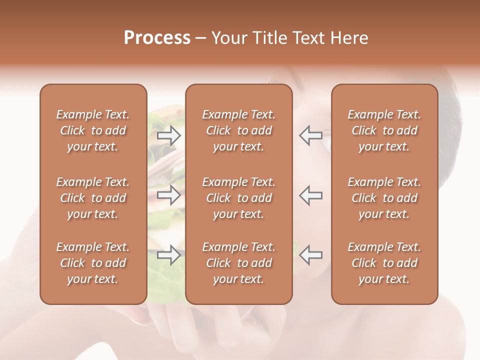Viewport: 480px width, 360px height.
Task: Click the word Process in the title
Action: click(157, 38)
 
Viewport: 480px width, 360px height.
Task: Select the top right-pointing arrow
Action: click(168, 135)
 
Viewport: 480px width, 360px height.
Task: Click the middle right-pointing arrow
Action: click(168, 195)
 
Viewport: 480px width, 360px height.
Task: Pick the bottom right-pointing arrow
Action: click(168, 254)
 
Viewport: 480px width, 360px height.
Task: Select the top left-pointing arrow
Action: click(311, 135)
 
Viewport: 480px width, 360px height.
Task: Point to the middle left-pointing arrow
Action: click(311, 195)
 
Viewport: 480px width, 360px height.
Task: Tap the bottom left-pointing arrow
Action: click(311, 254)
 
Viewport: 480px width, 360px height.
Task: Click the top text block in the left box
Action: click(93, 130)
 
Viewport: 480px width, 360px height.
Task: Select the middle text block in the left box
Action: click(93, 198)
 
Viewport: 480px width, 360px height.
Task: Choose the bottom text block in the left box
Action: click(93, 263)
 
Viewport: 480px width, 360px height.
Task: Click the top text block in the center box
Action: click(239, 130)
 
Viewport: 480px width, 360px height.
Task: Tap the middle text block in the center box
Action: click(239, 198)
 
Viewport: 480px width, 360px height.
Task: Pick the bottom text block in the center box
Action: click(239, 263)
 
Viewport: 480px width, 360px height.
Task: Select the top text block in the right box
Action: click(384, 130)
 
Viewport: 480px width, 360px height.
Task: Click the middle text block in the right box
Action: click(384, 198)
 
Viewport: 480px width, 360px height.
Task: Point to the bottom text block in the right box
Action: click(384, 263)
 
